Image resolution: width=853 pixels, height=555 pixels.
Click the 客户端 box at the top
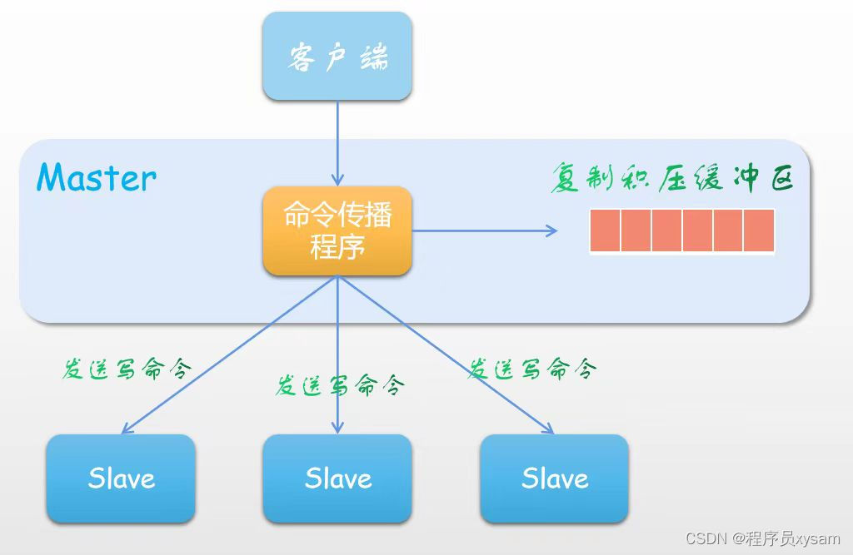pyautogui.click(x=337, y=57)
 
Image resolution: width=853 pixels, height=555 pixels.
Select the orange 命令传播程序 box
pyautogui.click(x=337, y=231)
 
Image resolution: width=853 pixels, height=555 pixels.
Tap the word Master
pyautogui.click(x=97, y=177)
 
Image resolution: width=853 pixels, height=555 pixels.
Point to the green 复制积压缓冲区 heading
pyautogui.click(x=671, y=177)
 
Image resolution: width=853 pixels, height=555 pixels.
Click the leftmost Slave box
pyautogui.click(x=121, y=478)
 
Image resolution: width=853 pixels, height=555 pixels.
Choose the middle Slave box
pyautogui.click(x=337, y=478)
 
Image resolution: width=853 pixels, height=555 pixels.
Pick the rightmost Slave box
pyautogui.click(x=554, y=478)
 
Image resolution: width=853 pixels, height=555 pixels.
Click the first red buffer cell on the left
pyautogui.click(x=605, y=230)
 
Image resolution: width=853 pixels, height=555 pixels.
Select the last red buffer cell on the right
pyautogui.click(x=759, y=230)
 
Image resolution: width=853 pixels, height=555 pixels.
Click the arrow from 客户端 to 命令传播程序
pyautogui.click(x=337, y=141)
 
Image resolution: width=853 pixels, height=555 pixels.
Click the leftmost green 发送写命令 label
pyautogui.click(x=127, y=369)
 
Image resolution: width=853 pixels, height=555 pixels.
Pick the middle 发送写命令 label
pyautogui.click(x=341, y=385)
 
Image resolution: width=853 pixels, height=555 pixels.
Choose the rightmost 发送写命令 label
pyautogui.click(x=532, y=369)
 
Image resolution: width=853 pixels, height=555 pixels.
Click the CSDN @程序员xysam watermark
pyautogui.click(x=763, y=538)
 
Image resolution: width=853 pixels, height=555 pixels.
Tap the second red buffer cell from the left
pyautogui.click(x=636, y=230)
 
